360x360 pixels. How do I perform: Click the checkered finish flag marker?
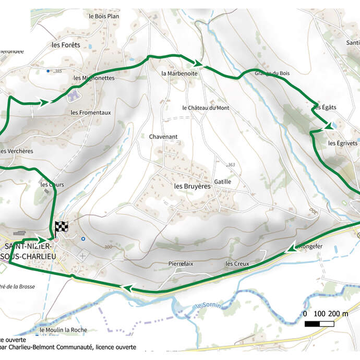click(61, 227)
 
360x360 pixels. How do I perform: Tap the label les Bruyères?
click(192, 186)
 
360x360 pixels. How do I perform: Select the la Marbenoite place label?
click(179, 74)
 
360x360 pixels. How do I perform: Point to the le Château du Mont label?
click(206, 108)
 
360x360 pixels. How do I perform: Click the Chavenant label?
click(163, 137)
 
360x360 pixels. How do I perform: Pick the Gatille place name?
click(222, 182)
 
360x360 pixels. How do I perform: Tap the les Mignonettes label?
click(94, 78)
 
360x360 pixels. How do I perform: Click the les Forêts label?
click(66, 45)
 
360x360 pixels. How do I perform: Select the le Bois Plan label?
click(104, 16)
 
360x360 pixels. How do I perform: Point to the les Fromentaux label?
click(91, 112)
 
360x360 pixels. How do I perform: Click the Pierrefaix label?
click(181, 264)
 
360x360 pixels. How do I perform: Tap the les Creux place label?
click(237, 264)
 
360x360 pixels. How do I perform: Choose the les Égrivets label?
click(342, 143)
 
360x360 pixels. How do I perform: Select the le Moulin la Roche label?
click(63, 330)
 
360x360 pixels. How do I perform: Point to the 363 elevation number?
click(232, 165)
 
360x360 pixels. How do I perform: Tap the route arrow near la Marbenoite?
click(197, 63)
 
